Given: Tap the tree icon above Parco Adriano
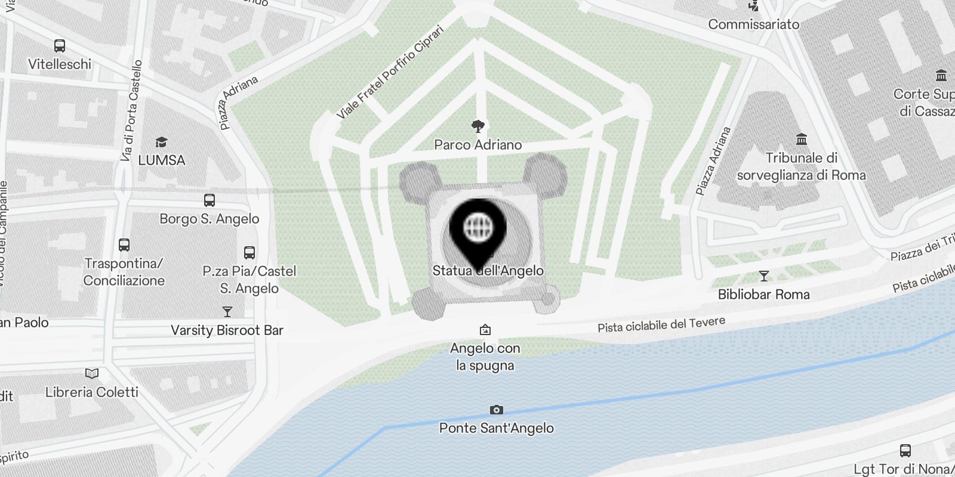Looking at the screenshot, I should (478, 126).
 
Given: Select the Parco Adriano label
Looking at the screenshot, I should (478, 145).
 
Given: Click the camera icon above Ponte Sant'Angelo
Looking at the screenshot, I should (496, 410).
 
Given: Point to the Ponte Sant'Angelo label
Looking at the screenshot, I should (496, 428).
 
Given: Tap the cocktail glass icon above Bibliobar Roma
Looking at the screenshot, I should (764, 276).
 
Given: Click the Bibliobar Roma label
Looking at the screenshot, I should (763, 295).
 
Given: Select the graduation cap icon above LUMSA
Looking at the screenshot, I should (161, 142).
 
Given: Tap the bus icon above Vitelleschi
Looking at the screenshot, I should (60, 46).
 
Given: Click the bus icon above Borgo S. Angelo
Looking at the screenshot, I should (210, 200).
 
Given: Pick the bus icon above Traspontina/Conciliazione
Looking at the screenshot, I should (124, 245).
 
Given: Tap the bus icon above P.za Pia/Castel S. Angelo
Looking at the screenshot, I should (249, 253).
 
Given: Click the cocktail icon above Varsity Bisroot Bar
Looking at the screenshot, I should (227, 312).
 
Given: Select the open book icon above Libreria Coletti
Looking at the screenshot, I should (92, 374).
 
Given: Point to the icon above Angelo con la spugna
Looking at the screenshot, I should (485, 330).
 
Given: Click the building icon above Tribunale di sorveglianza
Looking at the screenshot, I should (802, 140).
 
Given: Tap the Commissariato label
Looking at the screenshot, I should (753, 24).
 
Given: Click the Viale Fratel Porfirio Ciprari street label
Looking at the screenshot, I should (390, 72).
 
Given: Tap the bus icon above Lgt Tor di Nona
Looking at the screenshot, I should (905, 451).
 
